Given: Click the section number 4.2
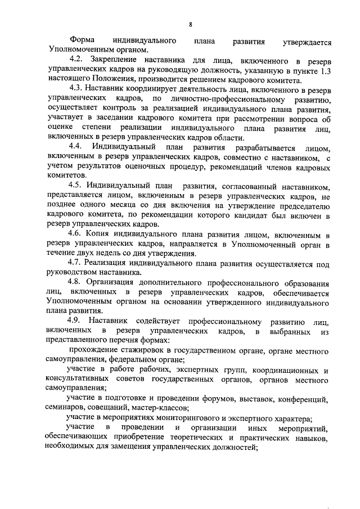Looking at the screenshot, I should [75, 60].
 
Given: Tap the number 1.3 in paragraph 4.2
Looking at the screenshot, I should [322, 69].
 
